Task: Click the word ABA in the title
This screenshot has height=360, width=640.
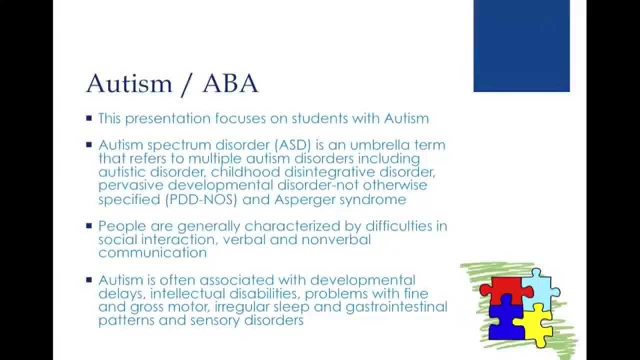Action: [230, 83]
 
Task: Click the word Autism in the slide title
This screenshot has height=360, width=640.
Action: [129, 83]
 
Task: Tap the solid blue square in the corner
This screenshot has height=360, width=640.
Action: [521, 46]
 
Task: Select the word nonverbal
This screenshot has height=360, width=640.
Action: [336, 239]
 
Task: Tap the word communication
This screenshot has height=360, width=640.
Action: [152, 253]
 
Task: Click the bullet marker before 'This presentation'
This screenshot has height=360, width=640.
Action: [89, 119]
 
